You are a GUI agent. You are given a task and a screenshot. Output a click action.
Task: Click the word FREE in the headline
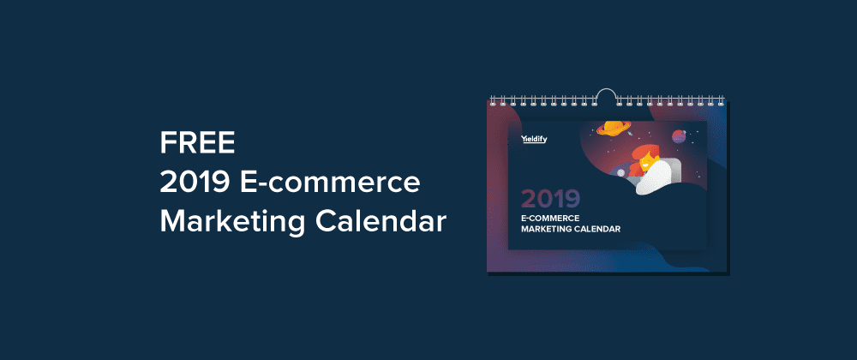(197, 144)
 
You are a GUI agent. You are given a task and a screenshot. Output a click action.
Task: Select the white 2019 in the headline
(195, 183)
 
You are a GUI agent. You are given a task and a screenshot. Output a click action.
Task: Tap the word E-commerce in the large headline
(331, 183)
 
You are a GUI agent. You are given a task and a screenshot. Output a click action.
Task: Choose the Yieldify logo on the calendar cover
(534, 139)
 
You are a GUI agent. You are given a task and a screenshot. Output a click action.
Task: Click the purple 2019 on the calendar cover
(550, 200)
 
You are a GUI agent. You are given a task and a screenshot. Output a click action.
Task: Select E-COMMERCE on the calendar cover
(542, 218)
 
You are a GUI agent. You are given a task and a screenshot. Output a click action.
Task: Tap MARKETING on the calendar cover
(545, 230)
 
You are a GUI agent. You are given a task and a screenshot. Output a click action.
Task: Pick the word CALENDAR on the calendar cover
(596, 230)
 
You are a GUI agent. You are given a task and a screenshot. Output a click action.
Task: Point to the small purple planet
(679, 135)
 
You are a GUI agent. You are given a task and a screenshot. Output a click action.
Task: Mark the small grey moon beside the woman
(620, 172)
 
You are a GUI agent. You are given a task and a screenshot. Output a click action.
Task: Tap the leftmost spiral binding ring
(493, 100)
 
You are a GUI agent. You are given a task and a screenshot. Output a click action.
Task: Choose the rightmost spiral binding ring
(721, 100)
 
